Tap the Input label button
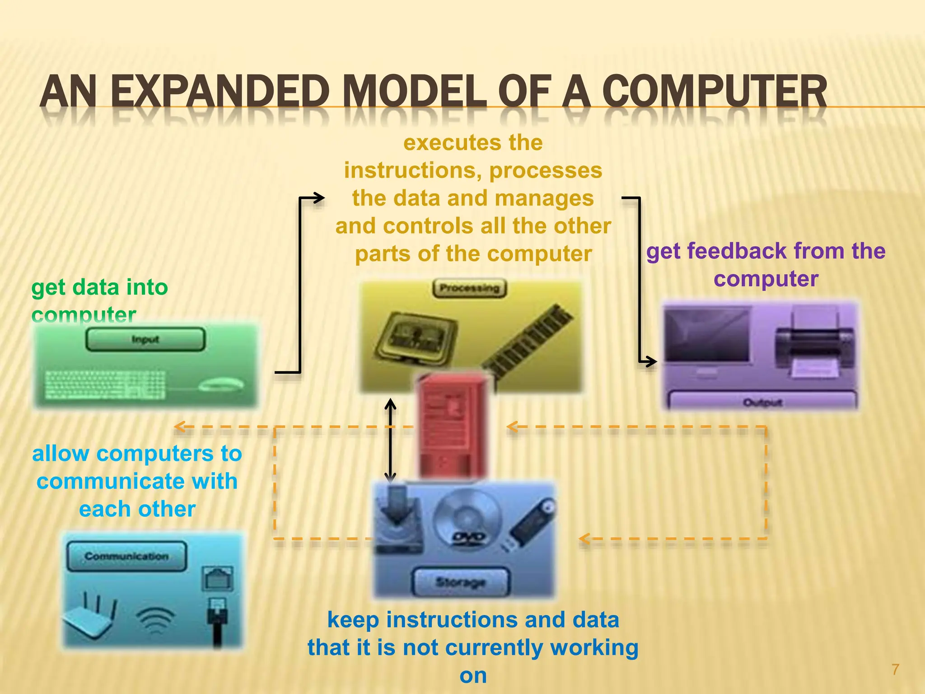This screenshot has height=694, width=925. tap(145, 339)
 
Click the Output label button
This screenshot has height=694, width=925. tap(762, 402)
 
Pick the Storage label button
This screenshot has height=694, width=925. tap(461, 582)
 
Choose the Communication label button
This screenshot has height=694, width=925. tap(126, 556)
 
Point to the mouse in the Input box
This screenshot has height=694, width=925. tap(221, 385)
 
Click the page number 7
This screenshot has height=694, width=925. tap(895, 669)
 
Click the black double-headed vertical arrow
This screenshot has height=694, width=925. tap(390, 441)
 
